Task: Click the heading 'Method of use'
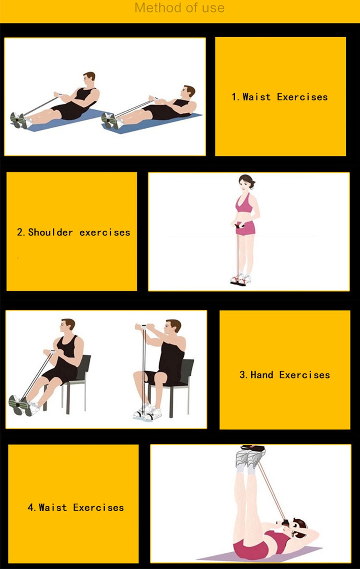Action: coord(180,8)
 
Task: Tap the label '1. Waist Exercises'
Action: coord(279,97)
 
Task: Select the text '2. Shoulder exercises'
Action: coord(73,232)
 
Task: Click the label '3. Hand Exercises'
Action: coord(284,375)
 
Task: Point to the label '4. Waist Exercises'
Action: coord(76,508)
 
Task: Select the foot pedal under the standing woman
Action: coord(239,281)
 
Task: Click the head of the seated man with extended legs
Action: coord(68,325)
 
